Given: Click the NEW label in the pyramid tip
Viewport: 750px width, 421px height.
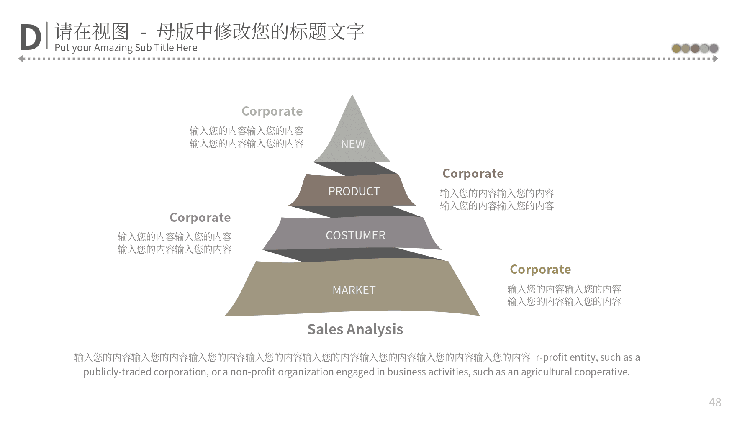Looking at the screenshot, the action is [353, 144].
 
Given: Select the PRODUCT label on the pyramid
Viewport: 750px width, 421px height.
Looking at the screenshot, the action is [354, 191].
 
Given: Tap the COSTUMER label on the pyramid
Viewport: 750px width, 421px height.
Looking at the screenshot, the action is [355, 235].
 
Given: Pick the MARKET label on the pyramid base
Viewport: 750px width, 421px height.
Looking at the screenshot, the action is [354, 290].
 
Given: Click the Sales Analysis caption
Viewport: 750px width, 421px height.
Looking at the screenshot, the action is [355, 329].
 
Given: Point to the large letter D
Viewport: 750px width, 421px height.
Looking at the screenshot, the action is [31, 38].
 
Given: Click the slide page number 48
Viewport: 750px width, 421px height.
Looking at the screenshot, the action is [715, 402].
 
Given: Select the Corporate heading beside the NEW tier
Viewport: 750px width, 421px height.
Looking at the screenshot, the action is [272, 111].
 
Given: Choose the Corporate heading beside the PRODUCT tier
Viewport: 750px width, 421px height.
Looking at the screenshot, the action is [473, 174].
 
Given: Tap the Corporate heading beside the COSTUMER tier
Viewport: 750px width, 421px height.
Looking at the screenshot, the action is [200, 218].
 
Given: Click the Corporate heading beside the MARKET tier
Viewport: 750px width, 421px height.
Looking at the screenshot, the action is [540, 270].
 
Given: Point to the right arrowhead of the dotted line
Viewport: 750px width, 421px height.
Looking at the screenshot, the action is [716, 59].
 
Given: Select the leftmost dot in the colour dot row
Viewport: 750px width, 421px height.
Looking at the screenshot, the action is [676, 49].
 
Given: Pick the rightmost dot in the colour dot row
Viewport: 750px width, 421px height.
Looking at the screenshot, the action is [714, 49].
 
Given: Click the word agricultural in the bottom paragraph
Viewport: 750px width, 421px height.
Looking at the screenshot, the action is [546, 372].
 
